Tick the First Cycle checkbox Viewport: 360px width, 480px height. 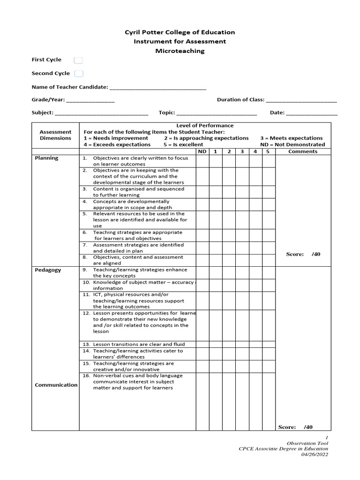coord(79,60)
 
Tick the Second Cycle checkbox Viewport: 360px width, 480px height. coord(79,74)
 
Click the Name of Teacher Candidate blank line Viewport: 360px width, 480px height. coord(157,88)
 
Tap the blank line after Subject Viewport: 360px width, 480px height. coord(102,113)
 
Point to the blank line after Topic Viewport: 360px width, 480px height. coord(217,113)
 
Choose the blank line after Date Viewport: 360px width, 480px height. coord(311,113)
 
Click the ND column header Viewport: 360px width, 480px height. coord(202,151)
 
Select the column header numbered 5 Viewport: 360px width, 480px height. coord(268,151)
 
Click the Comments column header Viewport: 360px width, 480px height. coord(303,151)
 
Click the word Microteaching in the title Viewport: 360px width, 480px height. coord(180,51)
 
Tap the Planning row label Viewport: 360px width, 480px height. coord(47,158)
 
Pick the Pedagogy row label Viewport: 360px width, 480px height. coord(48,270)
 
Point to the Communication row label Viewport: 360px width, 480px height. coord(56,385)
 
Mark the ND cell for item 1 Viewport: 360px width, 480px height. coord(202,161)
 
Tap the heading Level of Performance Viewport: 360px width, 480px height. coord(205,126)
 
